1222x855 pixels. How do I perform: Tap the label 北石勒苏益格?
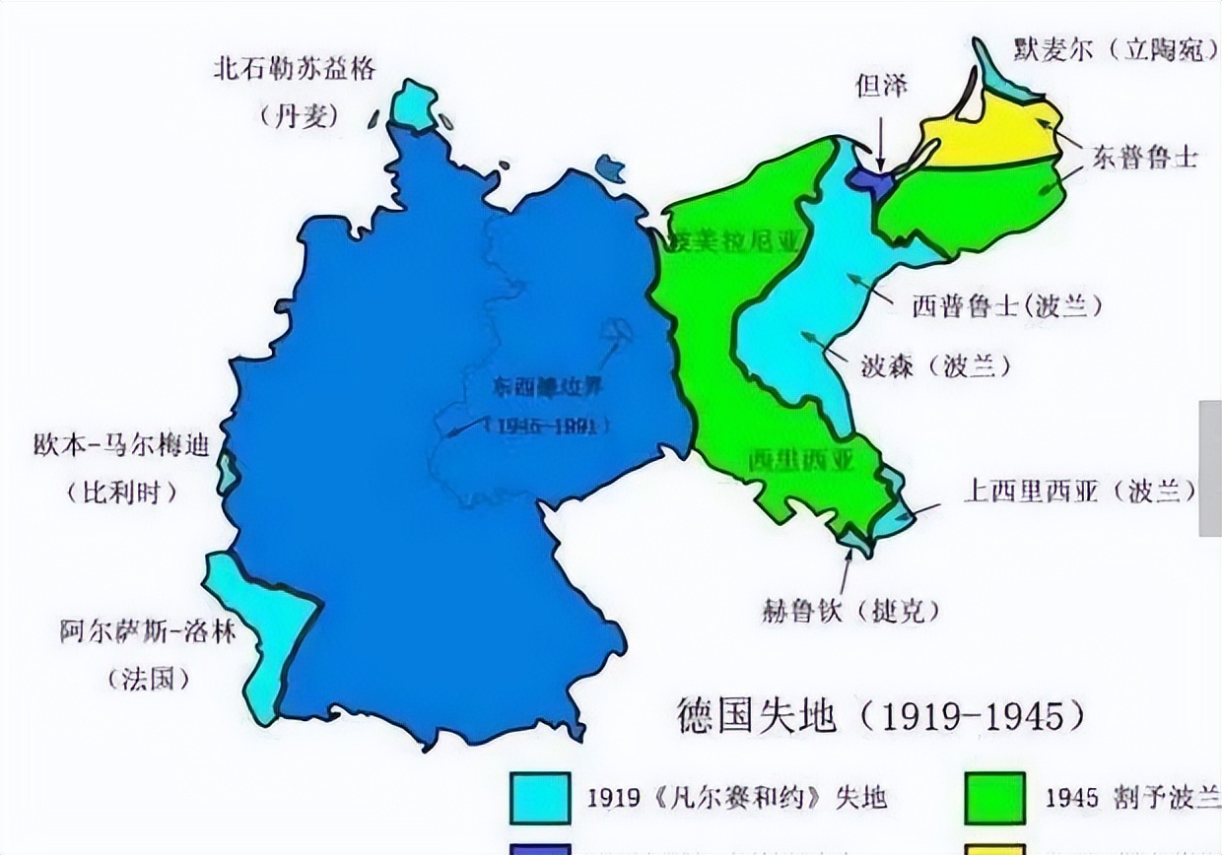click(x=296, y=70)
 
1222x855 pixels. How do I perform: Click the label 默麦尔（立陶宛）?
click(x=1115, y=50)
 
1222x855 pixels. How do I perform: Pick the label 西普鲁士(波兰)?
click(x=1006, y=306)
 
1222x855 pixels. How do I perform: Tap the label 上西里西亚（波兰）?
click(x=1080, y=492)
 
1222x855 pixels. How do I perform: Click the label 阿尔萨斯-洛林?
click(x=148, y=631)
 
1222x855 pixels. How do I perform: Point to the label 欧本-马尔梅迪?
click(x=122, y=445)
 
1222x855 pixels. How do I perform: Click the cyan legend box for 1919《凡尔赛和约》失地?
click(x=539, y=797)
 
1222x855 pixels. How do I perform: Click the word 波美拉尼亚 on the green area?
click(x=735, y=240)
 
